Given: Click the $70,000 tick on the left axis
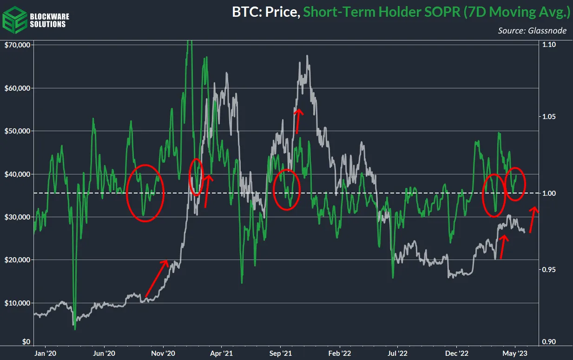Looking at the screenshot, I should point(17,45).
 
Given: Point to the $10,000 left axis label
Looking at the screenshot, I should point(17,303).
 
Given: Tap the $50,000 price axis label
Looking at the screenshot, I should point(17,131).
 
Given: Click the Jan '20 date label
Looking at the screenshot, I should point(46,353).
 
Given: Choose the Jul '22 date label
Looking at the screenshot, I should point(398,353).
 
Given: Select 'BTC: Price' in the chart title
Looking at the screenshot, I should point(265,12).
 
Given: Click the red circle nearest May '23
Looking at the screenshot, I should point(515,184).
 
